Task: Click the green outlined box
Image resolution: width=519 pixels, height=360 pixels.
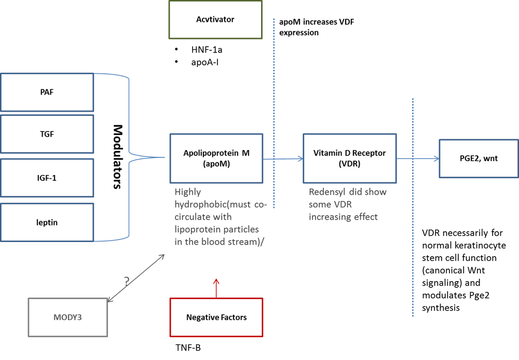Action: [x=215, y=20]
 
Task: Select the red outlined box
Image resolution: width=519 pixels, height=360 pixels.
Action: [x=216, y=317]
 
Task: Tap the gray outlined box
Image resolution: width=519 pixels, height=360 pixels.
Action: [x=68, y=317]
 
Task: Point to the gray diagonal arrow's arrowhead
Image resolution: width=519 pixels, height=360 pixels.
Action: [x=162, y=256]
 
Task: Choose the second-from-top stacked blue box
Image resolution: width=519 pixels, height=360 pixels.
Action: [x=47, y=134]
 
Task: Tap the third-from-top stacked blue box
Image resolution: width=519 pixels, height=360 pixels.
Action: [x=47, y=178]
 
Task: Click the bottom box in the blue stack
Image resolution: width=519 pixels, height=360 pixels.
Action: [x=47, y=222]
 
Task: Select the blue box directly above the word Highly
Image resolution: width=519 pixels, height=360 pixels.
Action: [x=216, y=158]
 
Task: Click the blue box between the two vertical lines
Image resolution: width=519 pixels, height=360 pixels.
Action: [x=350, y=158]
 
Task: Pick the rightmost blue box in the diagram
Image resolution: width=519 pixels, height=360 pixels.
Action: [x=478, y=158]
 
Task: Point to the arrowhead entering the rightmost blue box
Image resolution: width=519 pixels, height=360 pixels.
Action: [x=435, y=159]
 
